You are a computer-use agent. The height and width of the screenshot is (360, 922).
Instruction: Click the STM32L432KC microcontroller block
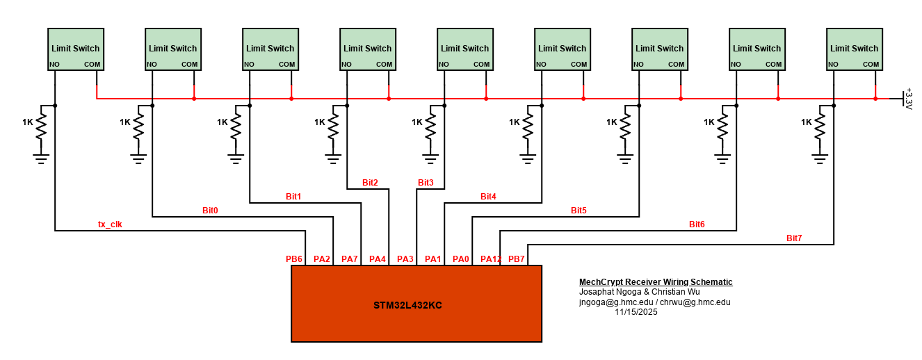(416, 304)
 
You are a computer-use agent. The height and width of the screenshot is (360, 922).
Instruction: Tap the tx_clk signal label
(110, 224)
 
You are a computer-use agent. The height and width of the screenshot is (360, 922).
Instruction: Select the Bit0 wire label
(210, 210)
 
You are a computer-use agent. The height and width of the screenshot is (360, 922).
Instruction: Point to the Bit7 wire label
(794, 238)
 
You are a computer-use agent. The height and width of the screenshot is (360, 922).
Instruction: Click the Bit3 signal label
(426, 183)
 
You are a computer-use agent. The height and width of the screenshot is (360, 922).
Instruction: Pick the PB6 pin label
(294, 259)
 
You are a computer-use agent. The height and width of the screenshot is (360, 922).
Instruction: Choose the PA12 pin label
(490, 259)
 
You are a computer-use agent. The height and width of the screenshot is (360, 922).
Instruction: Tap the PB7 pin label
(517, 259)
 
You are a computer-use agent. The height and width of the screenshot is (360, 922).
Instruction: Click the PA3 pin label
(405, 259)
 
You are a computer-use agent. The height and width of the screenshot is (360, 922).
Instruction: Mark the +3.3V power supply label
(907, 99)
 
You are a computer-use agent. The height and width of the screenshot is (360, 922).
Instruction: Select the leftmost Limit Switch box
(76, 49)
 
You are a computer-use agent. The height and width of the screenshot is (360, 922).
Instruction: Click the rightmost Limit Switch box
(855, 49)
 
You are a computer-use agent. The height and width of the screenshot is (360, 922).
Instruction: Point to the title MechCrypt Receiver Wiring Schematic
(656, 282)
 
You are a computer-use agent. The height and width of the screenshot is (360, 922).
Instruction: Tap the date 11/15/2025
(636, 312)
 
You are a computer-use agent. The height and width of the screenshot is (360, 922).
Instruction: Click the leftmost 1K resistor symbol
(41, 126)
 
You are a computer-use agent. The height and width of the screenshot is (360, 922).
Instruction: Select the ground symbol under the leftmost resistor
(41, 158)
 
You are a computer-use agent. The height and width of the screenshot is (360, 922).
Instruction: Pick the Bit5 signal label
(579, 210)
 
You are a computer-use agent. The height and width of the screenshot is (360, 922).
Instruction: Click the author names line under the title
(639, 292)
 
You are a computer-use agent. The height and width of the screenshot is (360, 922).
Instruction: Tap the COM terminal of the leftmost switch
(92, 65)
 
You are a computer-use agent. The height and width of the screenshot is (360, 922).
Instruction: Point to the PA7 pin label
(350, 259)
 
